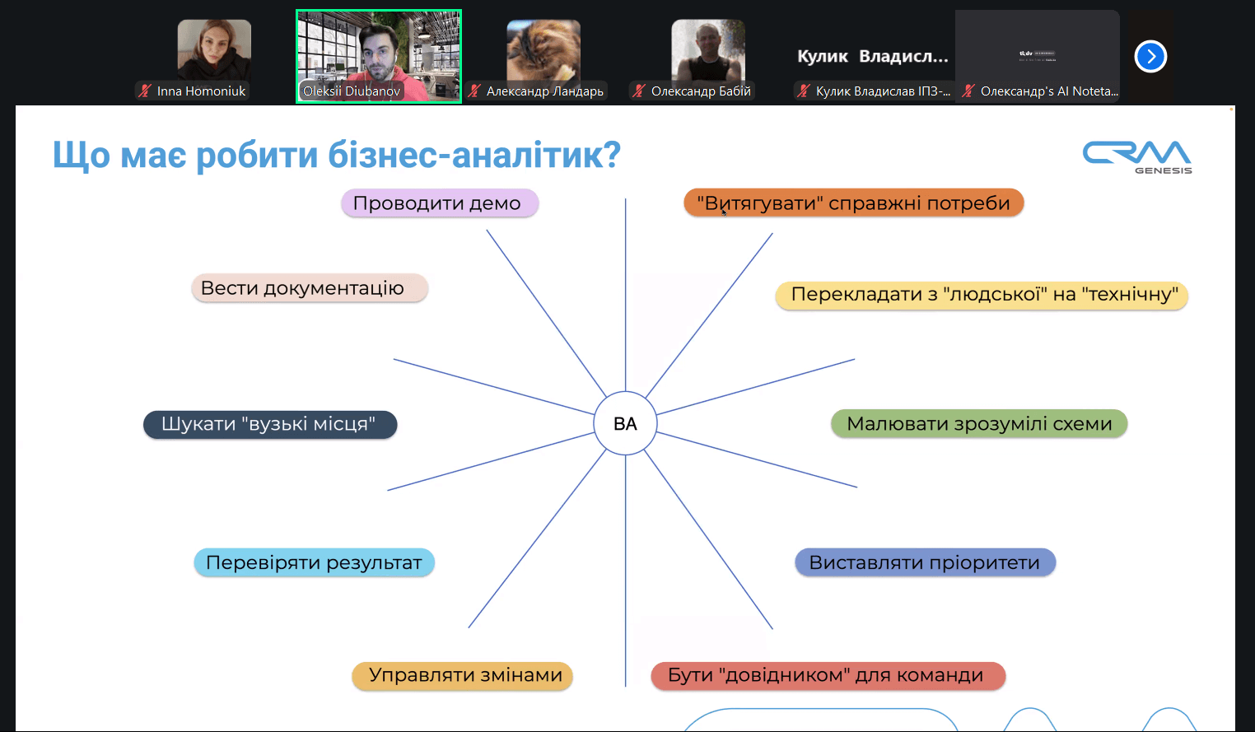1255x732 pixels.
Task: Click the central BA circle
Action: pyautogui.click(x=625, y=423)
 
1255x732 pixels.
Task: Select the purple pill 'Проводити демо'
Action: pyautogui.click(x=439, y=203)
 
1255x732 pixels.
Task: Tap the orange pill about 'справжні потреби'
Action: pyautogui.click(x=853, y=203)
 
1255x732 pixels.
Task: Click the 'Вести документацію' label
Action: pyautogui.click(x=309, y=288)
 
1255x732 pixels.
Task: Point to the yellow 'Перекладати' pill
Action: pyautogui.click(x=982, y=295)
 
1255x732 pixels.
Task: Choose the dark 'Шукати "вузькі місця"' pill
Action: pyautogui.click(x=269, y=424)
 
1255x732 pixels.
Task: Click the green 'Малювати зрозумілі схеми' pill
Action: pyautogui.click(x=978, y=424)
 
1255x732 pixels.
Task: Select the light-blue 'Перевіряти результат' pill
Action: pyautogui.click(x=314, y=562)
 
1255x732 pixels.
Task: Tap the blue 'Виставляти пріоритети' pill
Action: pyautogui.click(x=924, y=562)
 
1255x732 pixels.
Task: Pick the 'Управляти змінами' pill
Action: pyautogui.click(x=462, y=675)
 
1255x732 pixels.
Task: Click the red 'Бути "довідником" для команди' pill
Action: pyautogui.click(x=827, y=675)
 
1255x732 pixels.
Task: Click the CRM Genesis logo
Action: pyautogui.click(x=1136, y=156)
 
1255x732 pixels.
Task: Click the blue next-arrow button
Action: pyautogui.click(x=1150, y=57)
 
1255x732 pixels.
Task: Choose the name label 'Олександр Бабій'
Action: pyautogui.click(x=701, y=91)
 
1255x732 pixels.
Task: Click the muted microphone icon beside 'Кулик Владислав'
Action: pyautogui.click(x=804, y=91)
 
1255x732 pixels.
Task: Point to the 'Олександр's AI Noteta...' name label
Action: pyautogui.click(x=1049, y=91)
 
